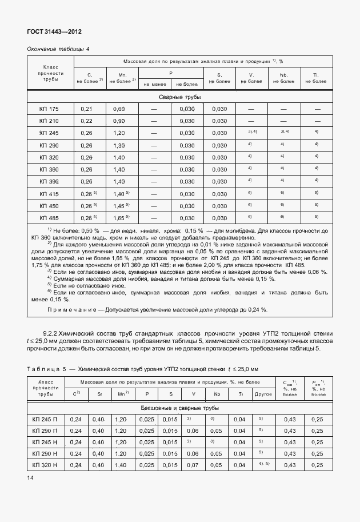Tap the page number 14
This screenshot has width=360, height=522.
click(30, 476)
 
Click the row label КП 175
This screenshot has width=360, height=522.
click(49, 109)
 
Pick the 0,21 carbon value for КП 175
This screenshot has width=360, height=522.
click(87, 109)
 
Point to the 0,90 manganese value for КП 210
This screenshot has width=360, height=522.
click(119, 121)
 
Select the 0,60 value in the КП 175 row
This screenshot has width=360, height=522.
click(119, 109)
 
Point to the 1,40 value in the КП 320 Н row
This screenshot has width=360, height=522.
click(121, 465)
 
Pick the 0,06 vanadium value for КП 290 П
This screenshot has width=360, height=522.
click(193, 430)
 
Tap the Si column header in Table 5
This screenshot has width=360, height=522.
click(99, 394)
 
